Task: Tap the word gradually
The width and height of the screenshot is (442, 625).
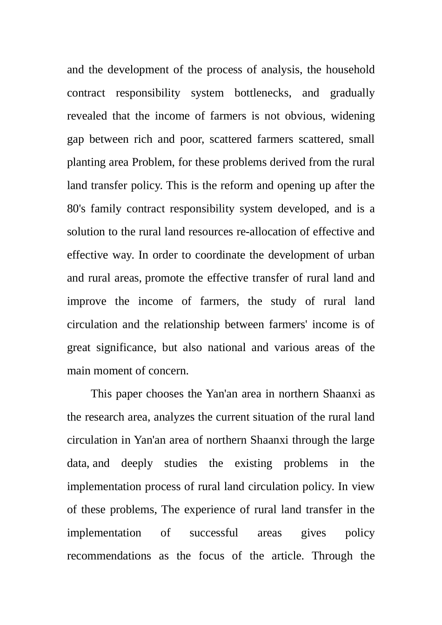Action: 352,93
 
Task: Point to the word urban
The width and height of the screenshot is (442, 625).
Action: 361,255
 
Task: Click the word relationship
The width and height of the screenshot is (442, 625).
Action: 191,325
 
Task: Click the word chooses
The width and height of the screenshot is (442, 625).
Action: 165,394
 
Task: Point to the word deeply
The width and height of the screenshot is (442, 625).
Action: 137,464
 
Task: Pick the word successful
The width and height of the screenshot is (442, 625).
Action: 214,533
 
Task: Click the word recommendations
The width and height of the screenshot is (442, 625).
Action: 109,556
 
